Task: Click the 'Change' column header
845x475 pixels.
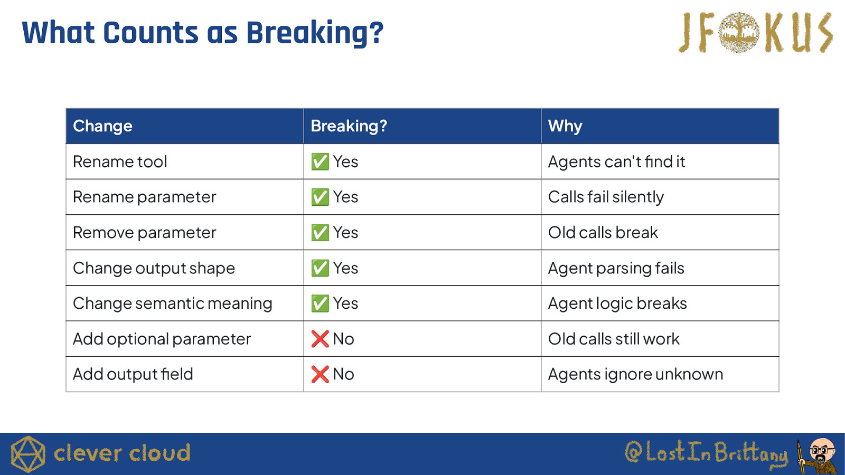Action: [102, 126]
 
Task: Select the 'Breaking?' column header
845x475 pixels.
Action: [349, 126]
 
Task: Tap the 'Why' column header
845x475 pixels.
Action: [565, 126]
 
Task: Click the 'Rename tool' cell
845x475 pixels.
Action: [120, 161]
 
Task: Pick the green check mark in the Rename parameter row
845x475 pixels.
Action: [320, 197]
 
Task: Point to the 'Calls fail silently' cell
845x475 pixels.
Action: [606, 197]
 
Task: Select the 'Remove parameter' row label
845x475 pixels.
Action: [145, 233]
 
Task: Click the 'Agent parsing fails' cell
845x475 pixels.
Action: [616, 269]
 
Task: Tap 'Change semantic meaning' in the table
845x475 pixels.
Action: [172, 304]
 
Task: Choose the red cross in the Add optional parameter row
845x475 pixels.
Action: [320, 339]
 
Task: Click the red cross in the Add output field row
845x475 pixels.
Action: [320, 374]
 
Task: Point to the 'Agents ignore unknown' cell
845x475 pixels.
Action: [636, 375]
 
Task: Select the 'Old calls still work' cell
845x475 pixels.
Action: [614, 339]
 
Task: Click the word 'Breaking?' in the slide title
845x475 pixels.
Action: [315, 34]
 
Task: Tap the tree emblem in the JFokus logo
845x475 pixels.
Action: [739, 32]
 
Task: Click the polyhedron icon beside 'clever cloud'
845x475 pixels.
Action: [28, 454]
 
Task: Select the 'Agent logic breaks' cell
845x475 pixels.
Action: [617, 304]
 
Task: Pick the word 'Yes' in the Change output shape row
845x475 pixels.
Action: [345, 269]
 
